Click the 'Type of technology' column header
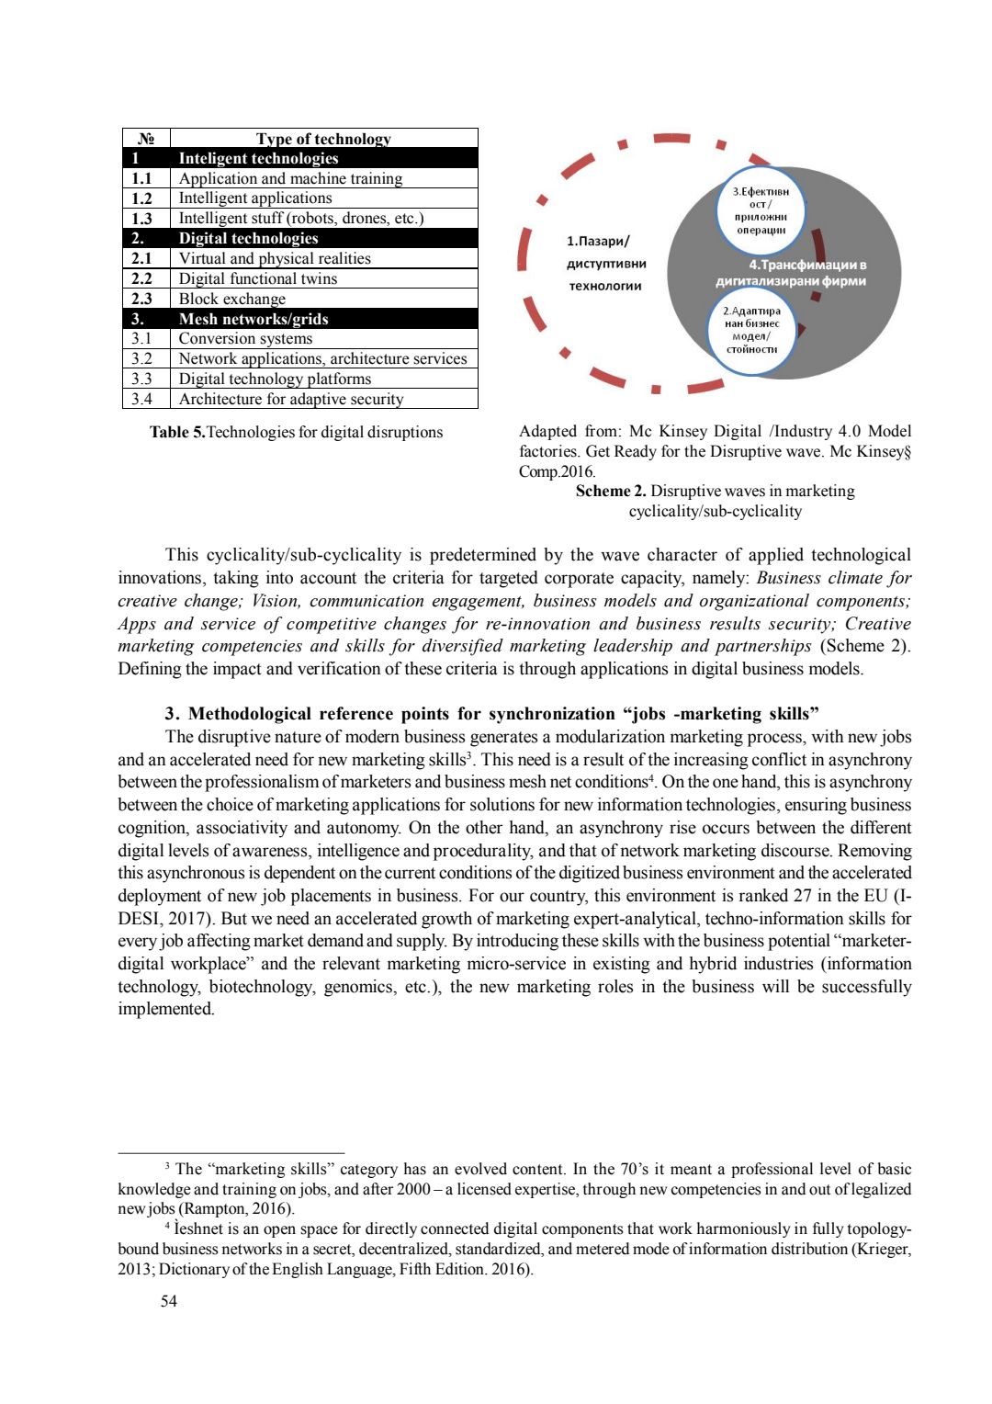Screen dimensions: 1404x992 coord(323,139)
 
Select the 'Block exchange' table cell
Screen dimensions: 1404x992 coord(231,299)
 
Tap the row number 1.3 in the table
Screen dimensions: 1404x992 coord(141,219)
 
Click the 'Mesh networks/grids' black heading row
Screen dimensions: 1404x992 coord(253,319)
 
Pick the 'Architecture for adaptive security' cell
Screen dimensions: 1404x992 coord(290,399)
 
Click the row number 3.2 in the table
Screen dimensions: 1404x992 coord(141,358)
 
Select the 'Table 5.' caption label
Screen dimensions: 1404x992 coord(177,432)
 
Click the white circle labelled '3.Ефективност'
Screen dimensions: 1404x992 coord(761,210)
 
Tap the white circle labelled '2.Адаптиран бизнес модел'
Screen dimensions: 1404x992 coord(751,330)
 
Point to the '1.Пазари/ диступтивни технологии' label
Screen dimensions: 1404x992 coord(606,264)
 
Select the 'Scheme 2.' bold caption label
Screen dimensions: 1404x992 coord(610,491)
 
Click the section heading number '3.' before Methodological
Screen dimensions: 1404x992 coord(172,714)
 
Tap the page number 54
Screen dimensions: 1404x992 coord(169,1301)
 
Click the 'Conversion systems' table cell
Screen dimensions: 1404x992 coord(245,338)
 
